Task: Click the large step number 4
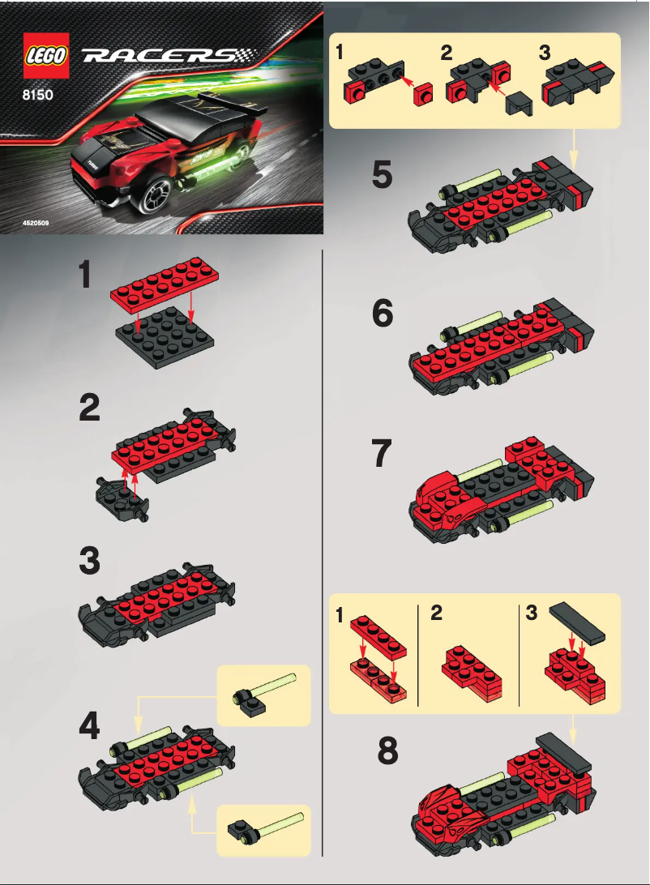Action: pyautogui.click(x=89, y=725)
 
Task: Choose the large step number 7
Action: pyautogui.click(x=383, y=455)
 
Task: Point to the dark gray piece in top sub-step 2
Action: pyautogui.click(x=515, y=104)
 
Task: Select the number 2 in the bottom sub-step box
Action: pyautogui.click(x=437, y=614)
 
